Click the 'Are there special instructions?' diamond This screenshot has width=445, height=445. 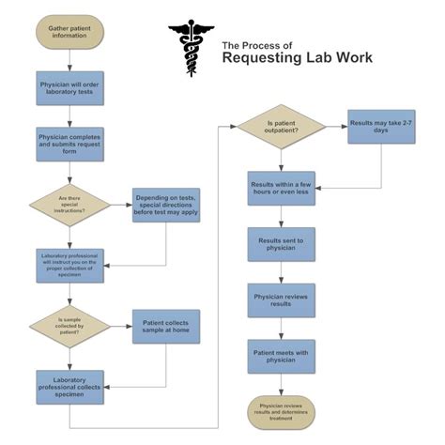(70, 204)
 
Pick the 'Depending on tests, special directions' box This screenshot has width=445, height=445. (165, 204)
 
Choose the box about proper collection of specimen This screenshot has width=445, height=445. (70, 265)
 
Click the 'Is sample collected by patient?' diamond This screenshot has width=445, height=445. (70, 326)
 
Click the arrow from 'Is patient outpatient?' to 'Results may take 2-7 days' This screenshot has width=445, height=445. (334, 126)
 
